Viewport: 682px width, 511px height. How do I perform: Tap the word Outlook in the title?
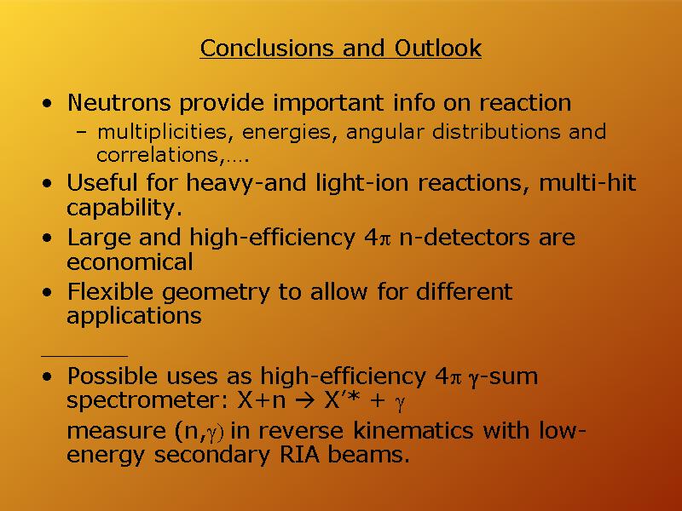coord(438,48)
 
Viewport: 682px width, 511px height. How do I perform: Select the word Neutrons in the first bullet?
coord(118,103)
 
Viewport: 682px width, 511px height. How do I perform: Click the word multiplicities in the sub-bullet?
coord(162,132)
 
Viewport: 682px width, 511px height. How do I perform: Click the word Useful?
coord(101,182)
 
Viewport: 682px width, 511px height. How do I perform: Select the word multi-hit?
coord(587,182)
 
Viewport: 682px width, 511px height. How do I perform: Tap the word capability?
coord(124,208)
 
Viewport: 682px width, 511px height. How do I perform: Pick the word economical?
coord(130,262)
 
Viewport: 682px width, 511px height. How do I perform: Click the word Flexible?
coord(110,291)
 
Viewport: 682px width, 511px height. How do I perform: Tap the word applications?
coord(134,316)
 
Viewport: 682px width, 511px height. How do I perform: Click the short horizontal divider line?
coord(84,356)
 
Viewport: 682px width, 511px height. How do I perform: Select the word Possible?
coord(113,376)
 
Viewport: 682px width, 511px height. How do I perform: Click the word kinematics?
coord(413,431)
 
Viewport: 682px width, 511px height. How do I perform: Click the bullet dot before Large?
coord(47,238)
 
